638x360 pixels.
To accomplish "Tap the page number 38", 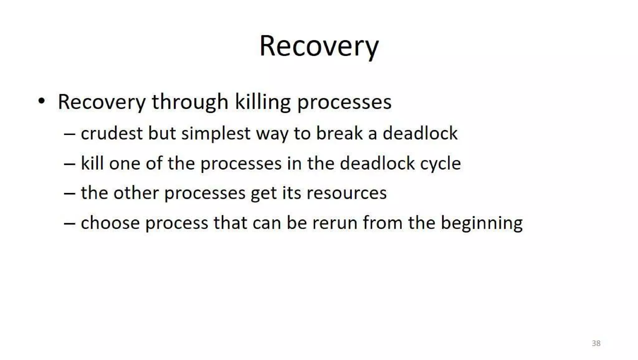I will click(x=596, y=343).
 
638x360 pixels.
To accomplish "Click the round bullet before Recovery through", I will click(x=41, y=101).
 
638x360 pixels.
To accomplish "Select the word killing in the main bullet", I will click(x=262, y=102).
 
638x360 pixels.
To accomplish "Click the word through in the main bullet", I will click(x=190, y=102).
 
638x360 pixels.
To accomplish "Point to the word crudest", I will click(x=112, y=133).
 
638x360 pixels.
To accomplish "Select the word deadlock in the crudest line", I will click(x=420, y=133).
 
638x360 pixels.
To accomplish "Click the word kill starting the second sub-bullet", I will click(x=92, y=163).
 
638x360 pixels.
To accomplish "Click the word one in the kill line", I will click(x=125, y=164).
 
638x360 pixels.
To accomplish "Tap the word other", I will click(x=136, y=193).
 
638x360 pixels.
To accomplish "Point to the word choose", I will click(x=110, y=223).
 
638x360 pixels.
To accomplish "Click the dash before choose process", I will click(x=69, y=223).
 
